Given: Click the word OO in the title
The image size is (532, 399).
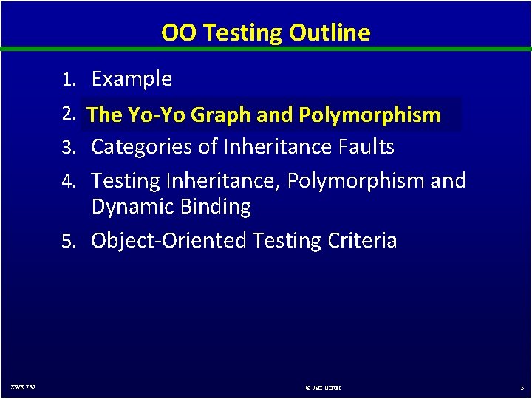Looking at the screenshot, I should tap(176, 33).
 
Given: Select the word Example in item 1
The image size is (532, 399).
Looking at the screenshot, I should tap(132, 79).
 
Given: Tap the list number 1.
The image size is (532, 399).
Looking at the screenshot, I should tap(69, 80).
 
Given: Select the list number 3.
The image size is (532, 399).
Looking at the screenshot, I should tap(69, 148).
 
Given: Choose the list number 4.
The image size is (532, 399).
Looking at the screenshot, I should tap(69, 182).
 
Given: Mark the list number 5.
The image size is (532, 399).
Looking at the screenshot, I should tap(69, 242).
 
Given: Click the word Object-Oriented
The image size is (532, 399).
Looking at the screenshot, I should tap(169, 241).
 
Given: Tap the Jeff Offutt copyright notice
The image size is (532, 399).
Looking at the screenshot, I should tap(323, 387).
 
